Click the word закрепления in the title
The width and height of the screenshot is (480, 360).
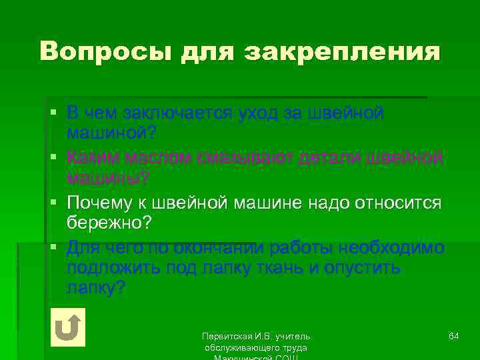click(343, 51)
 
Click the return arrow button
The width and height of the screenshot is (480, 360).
click(67, 327)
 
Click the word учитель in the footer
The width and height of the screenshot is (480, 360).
click(294, 336)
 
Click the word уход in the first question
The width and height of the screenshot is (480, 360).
click(257, 113)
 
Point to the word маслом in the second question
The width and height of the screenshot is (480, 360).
click(157, 158)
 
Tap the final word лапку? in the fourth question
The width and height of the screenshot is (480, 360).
click(96, 289)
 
